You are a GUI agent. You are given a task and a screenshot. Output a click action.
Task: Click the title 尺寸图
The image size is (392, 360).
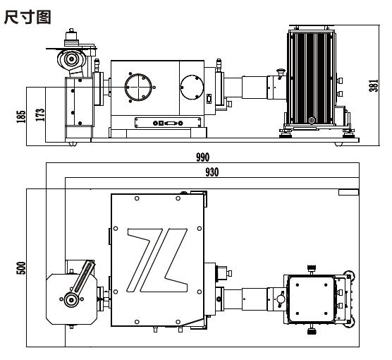[x=27, y=17]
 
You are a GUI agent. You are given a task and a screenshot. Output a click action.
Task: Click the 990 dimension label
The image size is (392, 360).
[x=203, y=157]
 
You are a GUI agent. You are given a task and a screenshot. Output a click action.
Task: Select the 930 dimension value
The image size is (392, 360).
[x=212, y=172]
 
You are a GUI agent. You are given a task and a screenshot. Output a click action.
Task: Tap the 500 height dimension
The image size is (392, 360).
[x=21, y=268]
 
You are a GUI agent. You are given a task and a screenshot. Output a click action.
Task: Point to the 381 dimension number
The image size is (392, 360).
[x=374, y=85]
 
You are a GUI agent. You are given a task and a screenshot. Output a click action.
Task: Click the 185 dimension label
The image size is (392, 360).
[x=21, y=116]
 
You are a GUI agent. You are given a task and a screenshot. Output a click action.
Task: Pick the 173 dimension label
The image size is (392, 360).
[x=40, y=115]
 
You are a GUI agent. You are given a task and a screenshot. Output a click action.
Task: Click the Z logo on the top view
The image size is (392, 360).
[x=157, y=260]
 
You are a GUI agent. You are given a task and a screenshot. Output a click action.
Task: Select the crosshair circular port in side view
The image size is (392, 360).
[x=138, y=87]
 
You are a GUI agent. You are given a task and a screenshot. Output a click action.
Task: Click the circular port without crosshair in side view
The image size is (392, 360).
[x=192, y=87]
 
